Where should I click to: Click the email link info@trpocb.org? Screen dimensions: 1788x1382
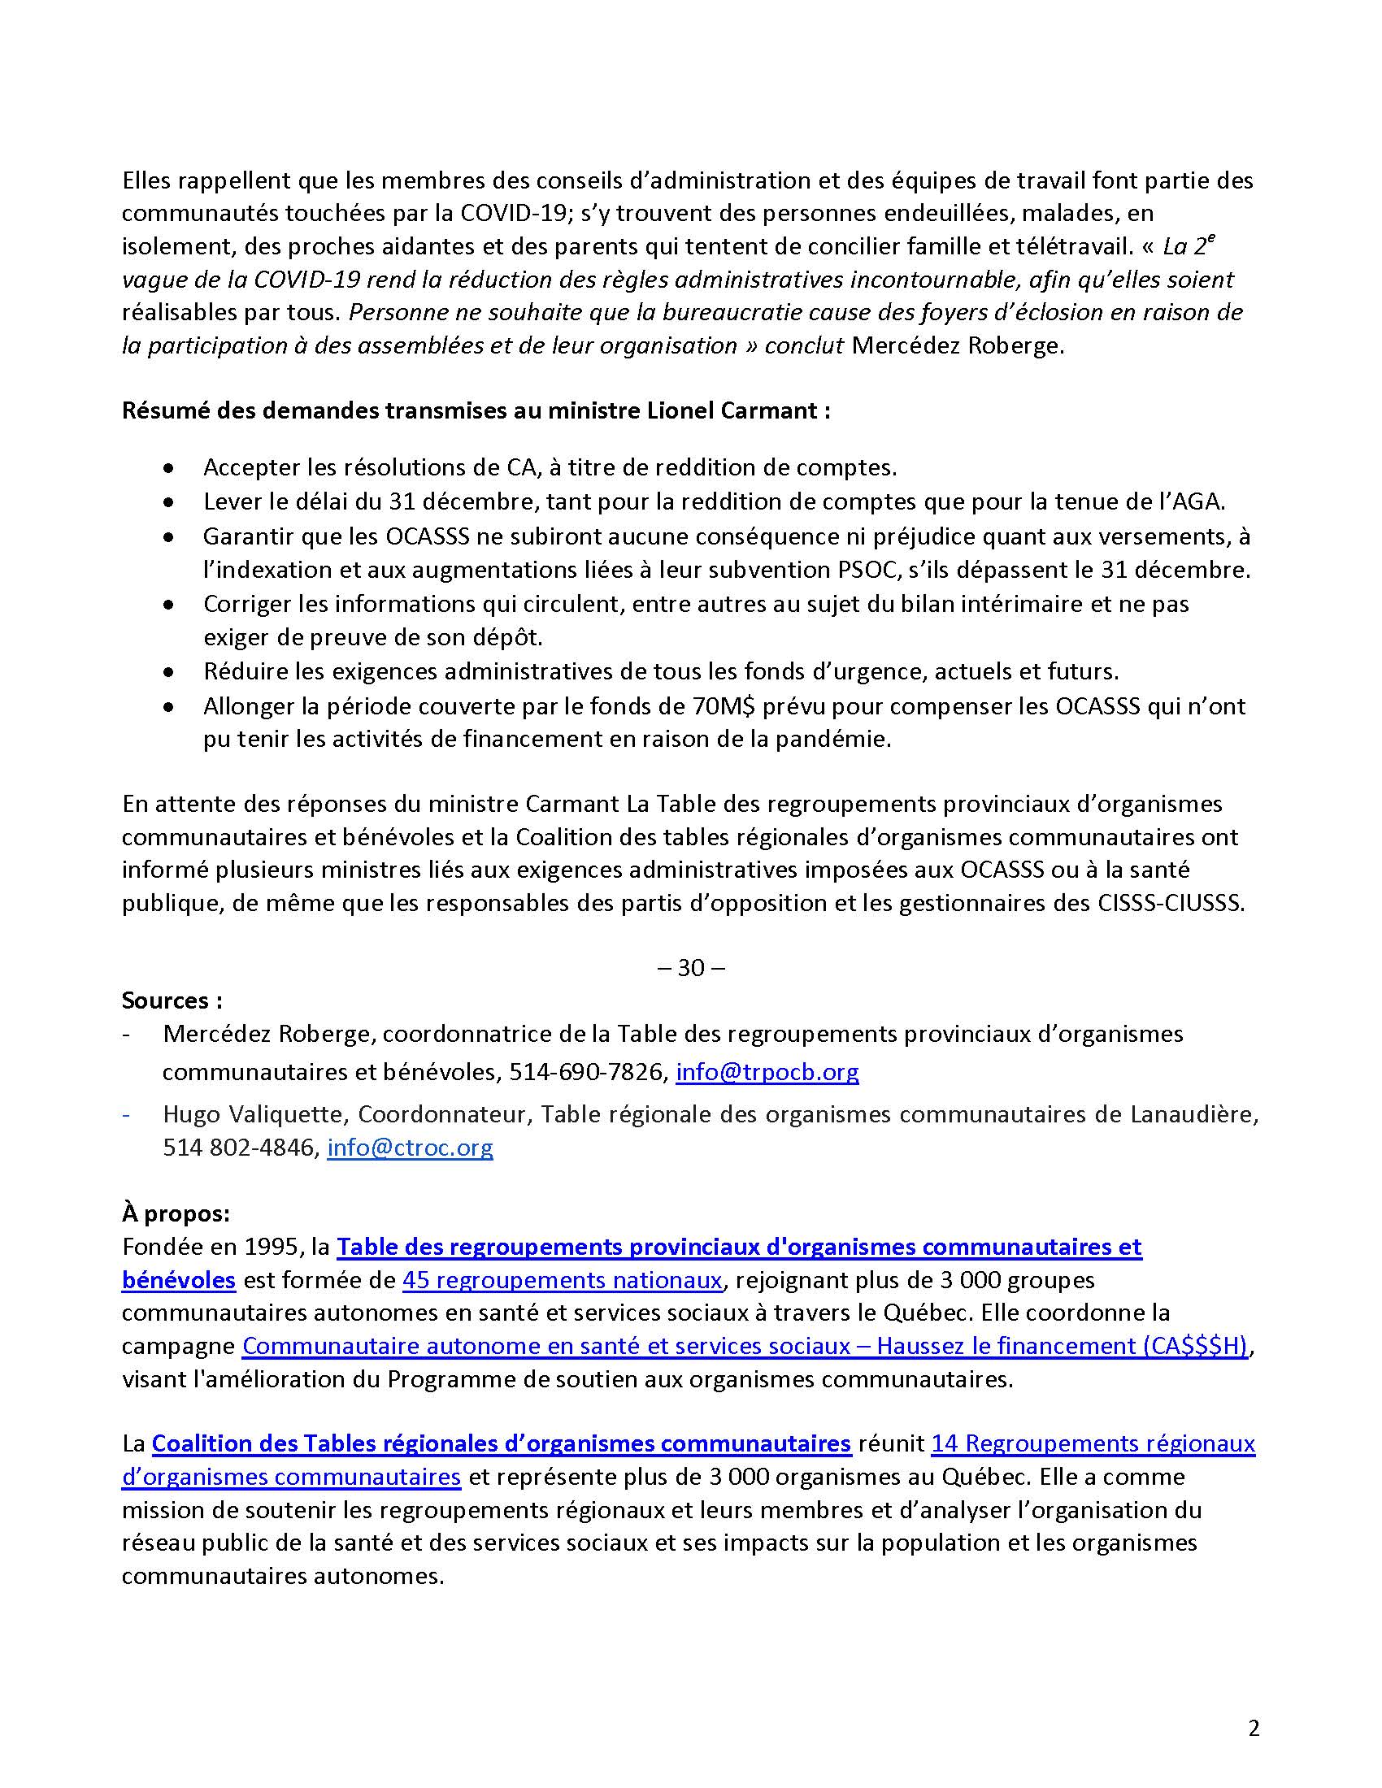click(767, 1072)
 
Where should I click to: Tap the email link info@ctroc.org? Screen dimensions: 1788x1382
click(410, 1147)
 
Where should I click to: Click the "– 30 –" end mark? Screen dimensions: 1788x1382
click(691, 968)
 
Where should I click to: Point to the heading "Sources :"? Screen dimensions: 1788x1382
click(172, 1000)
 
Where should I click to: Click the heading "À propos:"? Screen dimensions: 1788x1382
click(176, 1213)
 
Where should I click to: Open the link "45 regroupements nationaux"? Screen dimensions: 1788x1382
click(563, 1279)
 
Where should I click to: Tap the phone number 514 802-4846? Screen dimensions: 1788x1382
click(239, 1147)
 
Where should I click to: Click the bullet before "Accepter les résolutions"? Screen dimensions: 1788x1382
click(168, 468)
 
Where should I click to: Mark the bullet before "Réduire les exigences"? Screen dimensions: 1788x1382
click(168, 672)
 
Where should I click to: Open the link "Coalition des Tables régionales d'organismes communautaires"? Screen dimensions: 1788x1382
click(501, 1443)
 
